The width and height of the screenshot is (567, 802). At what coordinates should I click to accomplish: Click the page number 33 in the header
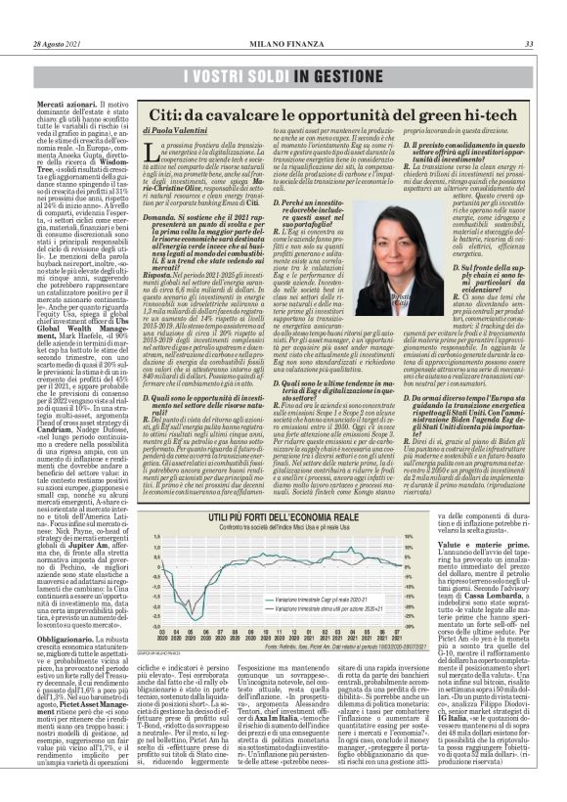tap(528, 42)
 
